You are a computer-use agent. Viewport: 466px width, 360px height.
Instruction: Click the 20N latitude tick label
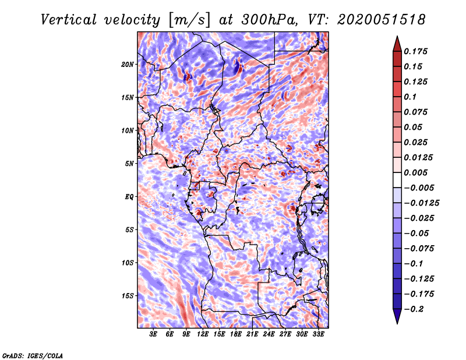128,64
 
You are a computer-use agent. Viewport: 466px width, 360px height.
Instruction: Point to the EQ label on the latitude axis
129,197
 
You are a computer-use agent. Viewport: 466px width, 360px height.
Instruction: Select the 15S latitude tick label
128,296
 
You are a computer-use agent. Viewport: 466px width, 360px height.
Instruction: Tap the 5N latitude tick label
129,164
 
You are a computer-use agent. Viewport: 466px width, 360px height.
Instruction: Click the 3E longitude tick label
154,334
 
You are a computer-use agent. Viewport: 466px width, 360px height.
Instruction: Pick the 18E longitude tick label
236,334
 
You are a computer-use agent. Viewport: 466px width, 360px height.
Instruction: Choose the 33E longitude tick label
318,334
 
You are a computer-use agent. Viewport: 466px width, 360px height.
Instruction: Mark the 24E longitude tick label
269,334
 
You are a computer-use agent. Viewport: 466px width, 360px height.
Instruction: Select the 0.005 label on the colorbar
417,173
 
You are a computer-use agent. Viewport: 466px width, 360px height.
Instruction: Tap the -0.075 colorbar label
419,248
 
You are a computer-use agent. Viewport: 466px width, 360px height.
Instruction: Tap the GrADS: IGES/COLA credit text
33,355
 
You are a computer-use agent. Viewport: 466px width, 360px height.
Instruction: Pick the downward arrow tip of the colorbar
396,321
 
